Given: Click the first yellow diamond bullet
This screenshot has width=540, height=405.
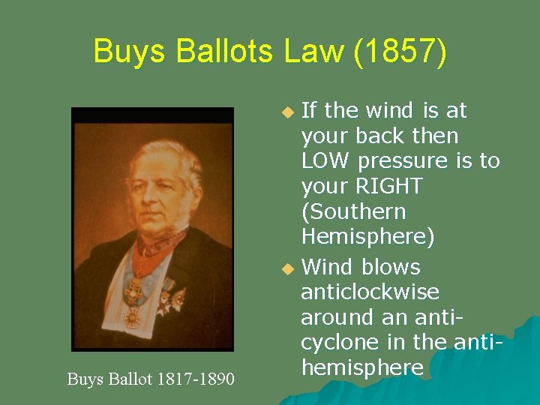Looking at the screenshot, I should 286,112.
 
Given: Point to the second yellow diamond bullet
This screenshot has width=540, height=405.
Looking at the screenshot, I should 286,268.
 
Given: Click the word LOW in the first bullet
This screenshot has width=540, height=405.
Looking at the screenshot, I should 325,161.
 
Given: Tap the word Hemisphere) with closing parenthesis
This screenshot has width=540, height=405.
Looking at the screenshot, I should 367,237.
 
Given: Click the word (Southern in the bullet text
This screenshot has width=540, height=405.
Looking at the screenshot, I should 353,211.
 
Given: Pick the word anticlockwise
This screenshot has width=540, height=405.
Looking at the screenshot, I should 370,292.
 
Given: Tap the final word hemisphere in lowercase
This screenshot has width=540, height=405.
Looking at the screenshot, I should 361,367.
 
